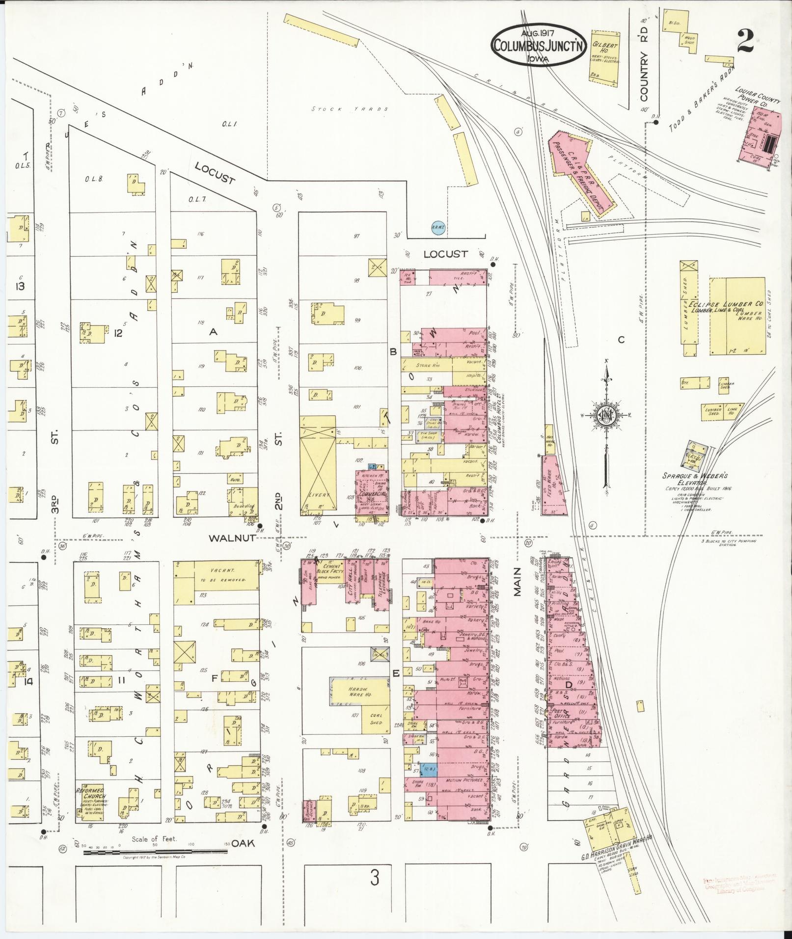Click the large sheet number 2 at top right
(x=745, y=39)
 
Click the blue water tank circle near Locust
(x=437, y=227)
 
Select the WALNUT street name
(x=232, y=537)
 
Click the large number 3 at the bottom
(x=375, y=878)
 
